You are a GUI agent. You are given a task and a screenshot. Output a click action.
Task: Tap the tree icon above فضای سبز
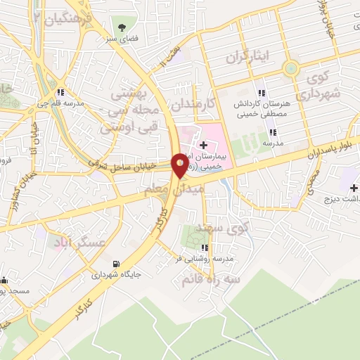tap(122, 27)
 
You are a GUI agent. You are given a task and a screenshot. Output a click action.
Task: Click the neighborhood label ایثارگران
tap(249, 57)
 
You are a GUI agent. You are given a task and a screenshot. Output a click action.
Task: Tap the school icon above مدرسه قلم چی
tap(63, 91)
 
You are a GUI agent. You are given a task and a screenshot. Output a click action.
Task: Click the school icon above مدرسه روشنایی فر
tap(205, 247)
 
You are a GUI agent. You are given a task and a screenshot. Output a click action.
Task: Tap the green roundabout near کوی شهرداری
tap(290, 68)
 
